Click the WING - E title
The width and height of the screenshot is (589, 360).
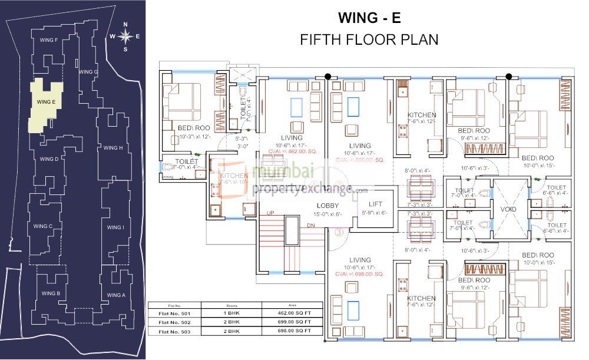(x=370, y=18)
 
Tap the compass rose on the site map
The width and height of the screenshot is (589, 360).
(x=125, y=37)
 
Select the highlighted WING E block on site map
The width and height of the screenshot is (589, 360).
(x=46, y=103)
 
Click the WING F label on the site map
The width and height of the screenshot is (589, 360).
(x=48, y=40)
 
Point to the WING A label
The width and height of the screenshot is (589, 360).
(x=116, y=295)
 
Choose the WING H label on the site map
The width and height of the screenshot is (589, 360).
(x=113, y=148)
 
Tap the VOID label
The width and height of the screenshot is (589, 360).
(x=508, y=209)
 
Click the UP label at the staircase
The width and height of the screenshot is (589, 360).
(x=270, y=212)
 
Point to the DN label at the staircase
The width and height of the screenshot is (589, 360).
(x=311, y=226)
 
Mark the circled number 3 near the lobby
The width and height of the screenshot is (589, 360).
(x=339, y=232)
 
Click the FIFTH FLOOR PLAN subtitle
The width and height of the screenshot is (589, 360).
(x=369, y=40)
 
